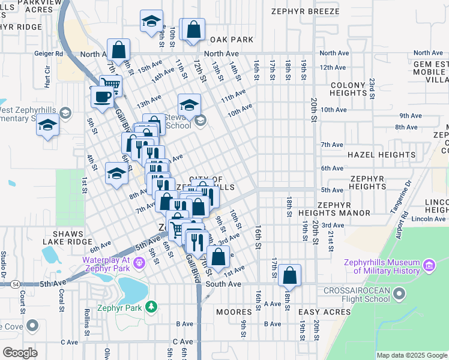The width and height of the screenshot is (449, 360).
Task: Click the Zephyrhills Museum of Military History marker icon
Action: pyautogui.click(x=429, y=265)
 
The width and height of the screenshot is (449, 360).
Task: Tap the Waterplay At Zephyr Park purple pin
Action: pyautogui.click(x=139, y=262)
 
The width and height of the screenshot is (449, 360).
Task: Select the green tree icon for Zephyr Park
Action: pyautogui.click(x=152, y=307)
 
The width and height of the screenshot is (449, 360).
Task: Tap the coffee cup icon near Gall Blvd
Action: pyautogui.click(x=101, y=97)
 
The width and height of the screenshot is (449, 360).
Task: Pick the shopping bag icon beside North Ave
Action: pyautogui.click(x=119, y=49)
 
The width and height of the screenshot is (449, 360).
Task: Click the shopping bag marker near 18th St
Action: pyautogui.click(x=289, y=275)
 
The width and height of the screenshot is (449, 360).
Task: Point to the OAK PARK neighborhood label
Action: pyautogui.click(x=232, y=40)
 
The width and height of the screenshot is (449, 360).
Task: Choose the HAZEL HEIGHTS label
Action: pyautogui.click(x=373, y=155)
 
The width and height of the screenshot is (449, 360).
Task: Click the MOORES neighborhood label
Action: pyautogui.click(x=234, y=312)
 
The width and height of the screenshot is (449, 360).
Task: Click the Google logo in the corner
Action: pyautogui.click(x=20, y=353)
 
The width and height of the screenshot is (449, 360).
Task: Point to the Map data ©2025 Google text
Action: pyautogui.click(x=411, y=355)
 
